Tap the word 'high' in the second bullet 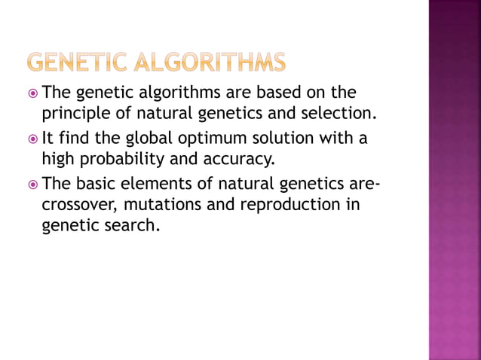click(57, 160)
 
